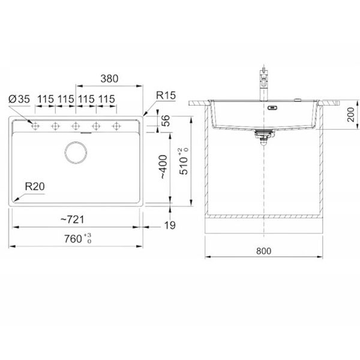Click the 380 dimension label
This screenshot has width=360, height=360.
(109, 79)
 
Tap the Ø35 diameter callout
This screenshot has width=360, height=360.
(19, 99)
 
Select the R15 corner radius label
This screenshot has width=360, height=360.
(166, 95)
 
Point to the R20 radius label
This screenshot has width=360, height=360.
(35, 187)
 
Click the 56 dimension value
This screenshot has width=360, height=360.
(166, 121)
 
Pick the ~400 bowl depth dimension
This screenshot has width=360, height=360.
(163, 167)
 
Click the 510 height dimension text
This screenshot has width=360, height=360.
(184, 161)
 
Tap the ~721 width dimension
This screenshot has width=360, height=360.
(73, 220)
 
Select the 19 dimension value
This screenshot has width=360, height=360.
(170, 226)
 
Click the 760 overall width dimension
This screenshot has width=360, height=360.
(78, 239)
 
